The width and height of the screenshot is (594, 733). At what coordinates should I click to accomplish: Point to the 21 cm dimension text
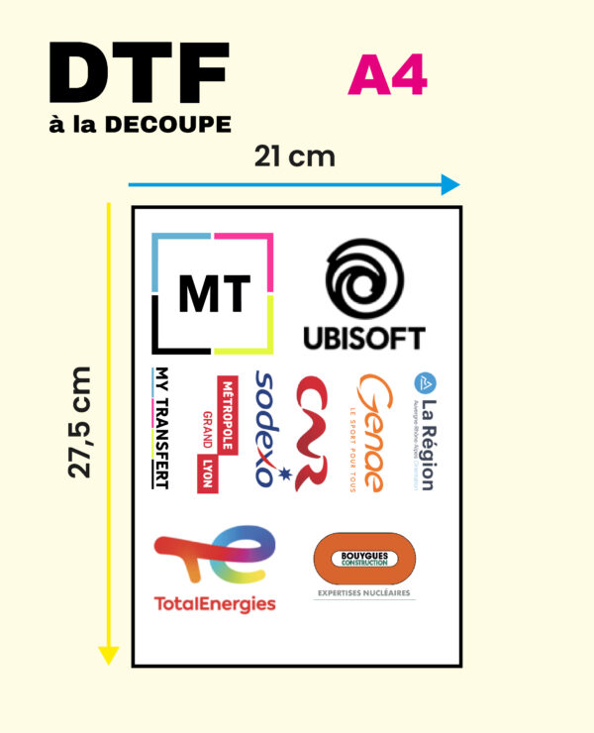click(x=294, y=157)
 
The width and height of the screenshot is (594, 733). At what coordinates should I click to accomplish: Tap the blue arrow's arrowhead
click(x=450, y=184)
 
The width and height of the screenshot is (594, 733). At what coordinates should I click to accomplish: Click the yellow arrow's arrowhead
click(x=109, y=654)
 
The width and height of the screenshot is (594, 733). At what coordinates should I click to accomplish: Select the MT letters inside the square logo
click(x=213, y=293)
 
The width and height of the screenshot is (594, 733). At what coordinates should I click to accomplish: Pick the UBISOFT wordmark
click(x=363, y=338)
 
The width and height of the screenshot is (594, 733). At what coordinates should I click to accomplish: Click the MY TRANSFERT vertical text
click(x=159, y=428)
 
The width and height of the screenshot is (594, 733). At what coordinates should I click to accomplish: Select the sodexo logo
click(x=265, y=429)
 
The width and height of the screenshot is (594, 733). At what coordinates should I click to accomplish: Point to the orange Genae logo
click(x=371, y=432)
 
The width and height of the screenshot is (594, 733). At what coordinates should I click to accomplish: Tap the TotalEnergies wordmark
click(x=215, y=603)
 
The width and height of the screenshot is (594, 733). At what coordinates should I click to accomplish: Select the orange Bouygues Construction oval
click(x=363, y=560)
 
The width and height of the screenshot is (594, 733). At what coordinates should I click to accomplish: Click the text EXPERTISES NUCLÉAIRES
click(x=363, y=594)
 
